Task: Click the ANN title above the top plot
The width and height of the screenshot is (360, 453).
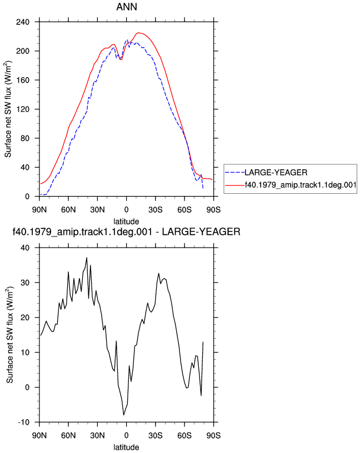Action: [x=127, y=7]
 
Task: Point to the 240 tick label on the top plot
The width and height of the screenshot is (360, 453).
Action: [x=23, y=22]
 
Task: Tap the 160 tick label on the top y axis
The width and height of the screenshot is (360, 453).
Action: [x=23, y=80]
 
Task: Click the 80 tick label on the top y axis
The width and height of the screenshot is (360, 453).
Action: [x=25, y=138]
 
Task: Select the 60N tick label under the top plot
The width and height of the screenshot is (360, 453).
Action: [x=68, y=210]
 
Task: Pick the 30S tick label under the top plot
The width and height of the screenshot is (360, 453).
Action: [x=156, y=210]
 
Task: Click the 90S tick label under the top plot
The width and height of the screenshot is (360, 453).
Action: [x=213, y=210]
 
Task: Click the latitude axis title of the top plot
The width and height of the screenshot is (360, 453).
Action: [x=126, y=222]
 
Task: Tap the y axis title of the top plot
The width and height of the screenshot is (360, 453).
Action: [x=8, y=109]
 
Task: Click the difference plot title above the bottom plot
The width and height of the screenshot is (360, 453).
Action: [x=126, y=231]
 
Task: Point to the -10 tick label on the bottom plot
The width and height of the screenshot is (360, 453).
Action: [x=24, y=422]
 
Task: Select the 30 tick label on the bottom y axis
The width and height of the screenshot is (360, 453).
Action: [x=25, y=283]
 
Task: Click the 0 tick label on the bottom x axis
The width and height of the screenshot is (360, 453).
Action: [x=126, y=435]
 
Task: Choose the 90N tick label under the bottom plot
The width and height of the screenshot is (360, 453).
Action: [x=39, y=435]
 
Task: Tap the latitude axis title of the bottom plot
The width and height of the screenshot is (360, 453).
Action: [x=126, y=447]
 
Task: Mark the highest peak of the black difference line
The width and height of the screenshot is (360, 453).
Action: [x=87, y=258]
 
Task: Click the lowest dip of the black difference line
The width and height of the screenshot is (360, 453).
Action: [x=124, y=415]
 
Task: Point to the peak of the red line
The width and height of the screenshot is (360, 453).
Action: [x=138, y=33]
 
